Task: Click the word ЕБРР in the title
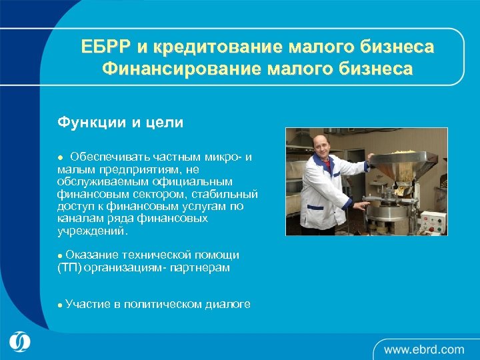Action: [x=106, y=47]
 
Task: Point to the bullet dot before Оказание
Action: [x=60, y=255]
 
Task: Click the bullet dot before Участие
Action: [x=60, y=305]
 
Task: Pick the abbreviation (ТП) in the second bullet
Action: [x=70, y=267]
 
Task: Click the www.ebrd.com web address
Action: [x=424, y=348]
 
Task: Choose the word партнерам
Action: [x=199, y=267]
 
